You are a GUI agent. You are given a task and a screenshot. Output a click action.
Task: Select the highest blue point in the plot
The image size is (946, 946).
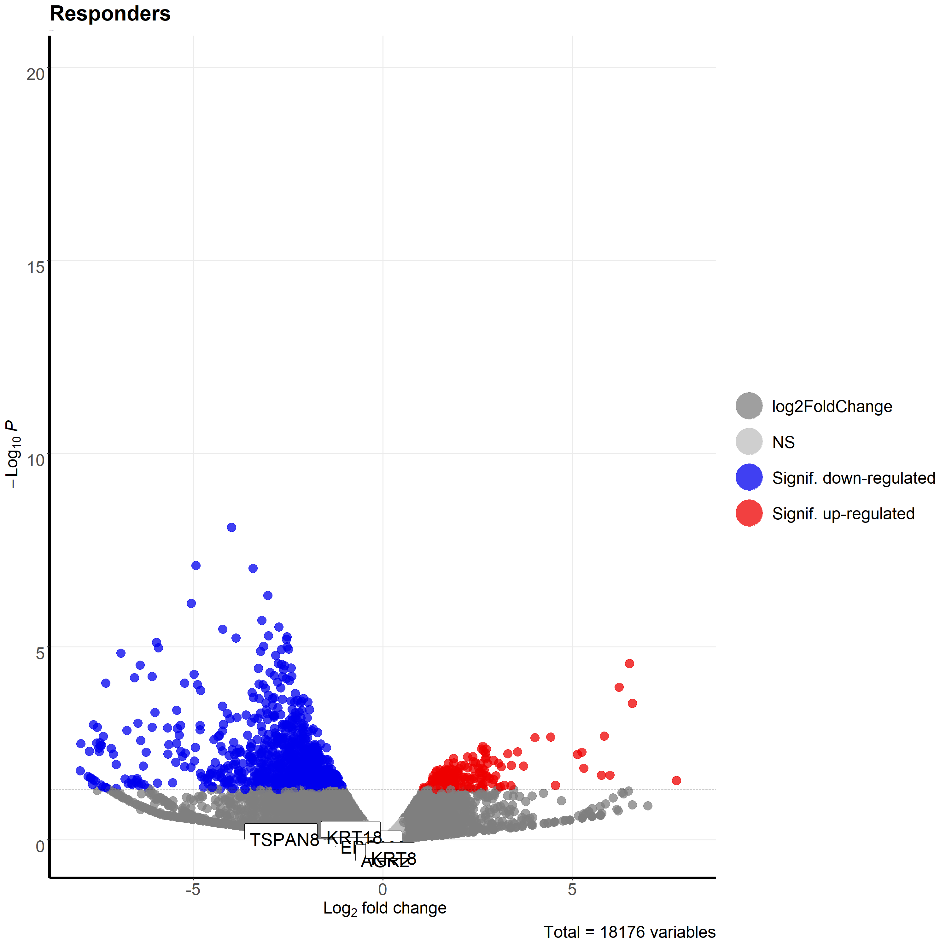pyautogui.click(x=231, y=527)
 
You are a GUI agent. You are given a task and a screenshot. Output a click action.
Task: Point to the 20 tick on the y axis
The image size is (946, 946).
pyautogui.click(x=35, y=74)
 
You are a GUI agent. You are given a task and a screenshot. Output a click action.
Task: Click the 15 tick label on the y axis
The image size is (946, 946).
pyautogui.click(x=35, y=267)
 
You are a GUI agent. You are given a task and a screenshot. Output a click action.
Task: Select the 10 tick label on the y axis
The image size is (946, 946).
pyautogui.click(x=35, y=460)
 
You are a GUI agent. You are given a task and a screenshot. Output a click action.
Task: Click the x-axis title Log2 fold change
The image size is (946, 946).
pyautogui.click(x=384, y=908)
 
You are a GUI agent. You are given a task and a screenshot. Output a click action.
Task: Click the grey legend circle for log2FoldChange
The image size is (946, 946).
pyautogui.click(x=749, y=406)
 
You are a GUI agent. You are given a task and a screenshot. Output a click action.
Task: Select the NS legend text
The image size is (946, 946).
pyautogui.click(x=783, y=442)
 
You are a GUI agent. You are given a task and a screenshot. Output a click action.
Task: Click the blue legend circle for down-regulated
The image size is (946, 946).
pyautogui.click(x=749, y=477)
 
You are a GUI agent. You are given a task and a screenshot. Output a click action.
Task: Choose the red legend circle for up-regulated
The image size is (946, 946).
pyautogui.click(x=749, y=513)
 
